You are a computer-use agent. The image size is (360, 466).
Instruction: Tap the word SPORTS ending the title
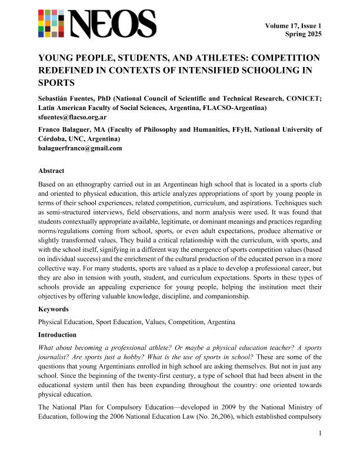pos(56,84)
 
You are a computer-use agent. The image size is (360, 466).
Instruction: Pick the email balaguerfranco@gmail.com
pos(80,148)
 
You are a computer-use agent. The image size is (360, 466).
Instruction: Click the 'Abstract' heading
pos(52,171)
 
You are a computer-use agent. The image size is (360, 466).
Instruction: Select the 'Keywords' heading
pos(54,308)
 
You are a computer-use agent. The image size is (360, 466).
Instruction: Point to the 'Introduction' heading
pos(59,335)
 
